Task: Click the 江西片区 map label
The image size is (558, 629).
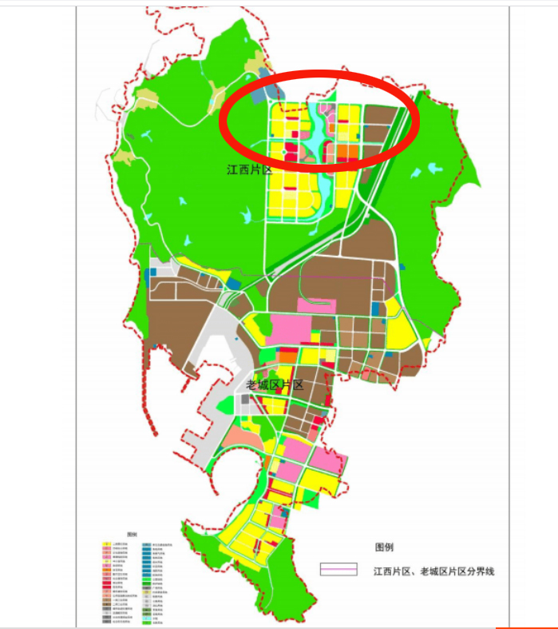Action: pos(250,170)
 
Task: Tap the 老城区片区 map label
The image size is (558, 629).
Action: pos(275,385)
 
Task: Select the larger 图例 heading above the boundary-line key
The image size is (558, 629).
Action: pos(384,547)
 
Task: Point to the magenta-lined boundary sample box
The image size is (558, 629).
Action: pos(338,571)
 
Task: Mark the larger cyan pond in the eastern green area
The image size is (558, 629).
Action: pos(435,169)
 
